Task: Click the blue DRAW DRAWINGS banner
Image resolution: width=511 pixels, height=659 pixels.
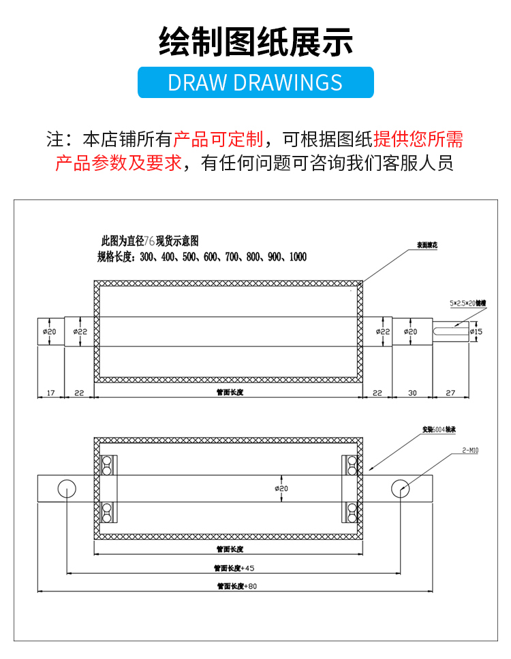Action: coord(255,82)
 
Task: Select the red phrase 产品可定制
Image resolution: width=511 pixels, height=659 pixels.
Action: coord(218,140)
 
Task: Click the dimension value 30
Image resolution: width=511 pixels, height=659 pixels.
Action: coord(412,393)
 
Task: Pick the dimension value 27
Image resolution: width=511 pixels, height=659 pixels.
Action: coord(450,393)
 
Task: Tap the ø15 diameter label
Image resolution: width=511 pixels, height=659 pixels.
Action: coord(476,332)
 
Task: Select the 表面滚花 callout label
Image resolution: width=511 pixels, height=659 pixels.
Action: coord(427,245)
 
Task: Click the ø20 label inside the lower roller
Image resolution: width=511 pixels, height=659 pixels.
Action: coord(281,488)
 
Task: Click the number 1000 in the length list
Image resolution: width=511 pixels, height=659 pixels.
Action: coord(297,257)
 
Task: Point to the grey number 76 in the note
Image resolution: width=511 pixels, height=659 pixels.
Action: coord(149,241)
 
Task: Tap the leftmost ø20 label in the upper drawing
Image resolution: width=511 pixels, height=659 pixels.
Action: coord(49,332)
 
